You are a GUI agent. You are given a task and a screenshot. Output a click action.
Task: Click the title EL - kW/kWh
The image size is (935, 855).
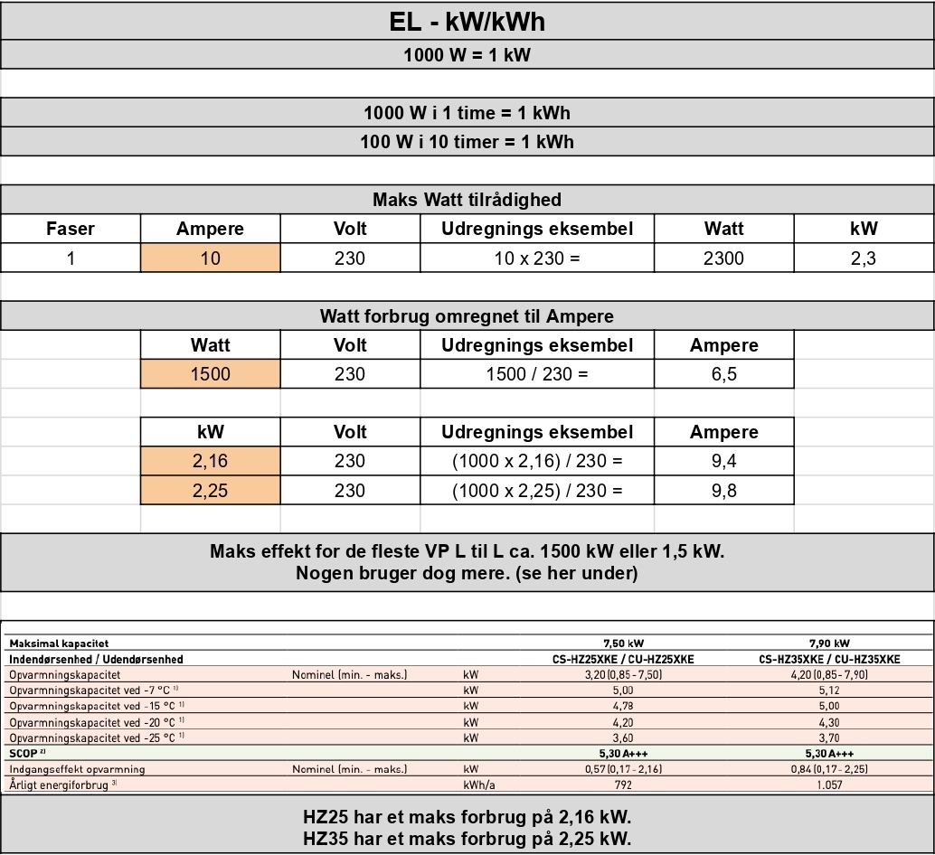click(467, 21)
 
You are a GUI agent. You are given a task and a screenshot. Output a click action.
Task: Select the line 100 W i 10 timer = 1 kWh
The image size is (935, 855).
click(467, 141)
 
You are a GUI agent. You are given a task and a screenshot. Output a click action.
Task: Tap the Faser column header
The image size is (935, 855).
click(71, 229)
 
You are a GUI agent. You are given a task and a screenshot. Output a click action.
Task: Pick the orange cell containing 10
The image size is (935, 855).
click(210, 258)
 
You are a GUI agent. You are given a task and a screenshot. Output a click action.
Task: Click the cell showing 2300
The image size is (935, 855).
click(723, 258)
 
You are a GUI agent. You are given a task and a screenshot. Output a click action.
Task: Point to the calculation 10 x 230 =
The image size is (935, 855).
click(536, 258)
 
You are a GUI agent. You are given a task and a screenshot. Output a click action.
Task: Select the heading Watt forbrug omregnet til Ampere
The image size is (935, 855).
click(467, 316)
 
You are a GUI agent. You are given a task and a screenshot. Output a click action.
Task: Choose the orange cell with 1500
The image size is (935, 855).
click(210, 374)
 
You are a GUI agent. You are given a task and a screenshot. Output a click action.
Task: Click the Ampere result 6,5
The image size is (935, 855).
click(723, 374)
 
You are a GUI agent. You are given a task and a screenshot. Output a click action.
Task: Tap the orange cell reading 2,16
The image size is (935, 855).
click(210, 461)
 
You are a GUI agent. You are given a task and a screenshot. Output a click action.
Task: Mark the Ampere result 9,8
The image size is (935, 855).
click(723, 491)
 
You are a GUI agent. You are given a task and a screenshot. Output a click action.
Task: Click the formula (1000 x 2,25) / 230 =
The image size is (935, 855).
click(536, 491)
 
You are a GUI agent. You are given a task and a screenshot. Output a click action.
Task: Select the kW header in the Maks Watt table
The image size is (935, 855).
click(864, 229)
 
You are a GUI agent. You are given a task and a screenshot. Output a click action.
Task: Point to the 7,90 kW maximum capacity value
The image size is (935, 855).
click(828, 644)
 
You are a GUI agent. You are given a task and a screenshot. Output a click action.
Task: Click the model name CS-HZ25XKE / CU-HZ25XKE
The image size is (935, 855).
click(623, 659)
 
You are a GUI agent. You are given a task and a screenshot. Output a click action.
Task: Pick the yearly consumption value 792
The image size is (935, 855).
click(623, 785)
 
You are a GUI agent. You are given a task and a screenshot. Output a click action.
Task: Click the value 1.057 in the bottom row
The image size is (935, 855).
click(828, 785)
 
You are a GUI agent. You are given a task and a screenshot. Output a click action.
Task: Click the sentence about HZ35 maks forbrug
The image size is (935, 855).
click(467, 838)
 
